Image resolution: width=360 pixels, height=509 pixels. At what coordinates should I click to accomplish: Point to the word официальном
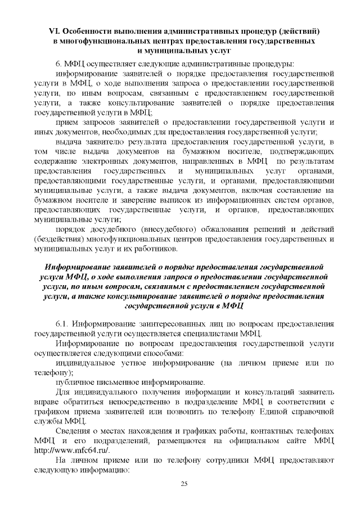click(x=256, y=443)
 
